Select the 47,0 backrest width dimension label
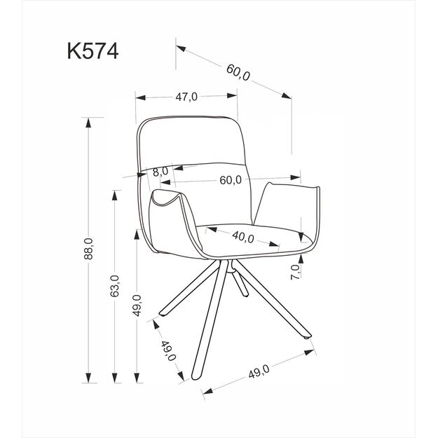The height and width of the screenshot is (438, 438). (x=186, y=97)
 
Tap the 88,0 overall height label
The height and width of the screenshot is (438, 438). (x=88, y=249)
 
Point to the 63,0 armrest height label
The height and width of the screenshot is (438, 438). (x=116, y=286)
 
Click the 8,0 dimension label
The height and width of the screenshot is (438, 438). (x=160, y=170)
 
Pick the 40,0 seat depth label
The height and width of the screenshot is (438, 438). (x=242, y=237)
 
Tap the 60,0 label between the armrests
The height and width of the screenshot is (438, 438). (x=230, y=180)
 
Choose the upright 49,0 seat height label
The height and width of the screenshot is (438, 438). (x=137, y=306)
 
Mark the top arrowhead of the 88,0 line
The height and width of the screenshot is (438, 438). (x=88, y=121)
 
